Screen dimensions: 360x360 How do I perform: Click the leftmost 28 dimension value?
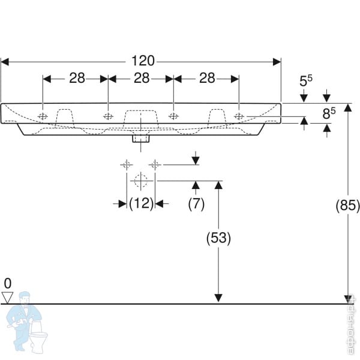76,78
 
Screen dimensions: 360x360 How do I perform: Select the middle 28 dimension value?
141,78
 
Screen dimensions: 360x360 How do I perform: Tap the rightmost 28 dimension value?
206,78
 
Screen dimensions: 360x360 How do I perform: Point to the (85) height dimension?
347,206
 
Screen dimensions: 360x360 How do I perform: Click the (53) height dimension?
218,238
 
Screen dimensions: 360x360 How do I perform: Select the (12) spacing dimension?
141,204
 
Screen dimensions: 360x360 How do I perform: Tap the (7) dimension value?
196,204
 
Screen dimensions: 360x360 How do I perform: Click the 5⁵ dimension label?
305,80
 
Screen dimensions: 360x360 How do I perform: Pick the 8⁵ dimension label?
328,112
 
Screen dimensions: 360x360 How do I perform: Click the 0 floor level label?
7,283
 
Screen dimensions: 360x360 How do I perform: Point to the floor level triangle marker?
8,296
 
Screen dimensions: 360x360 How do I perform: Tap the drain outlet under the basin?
140,138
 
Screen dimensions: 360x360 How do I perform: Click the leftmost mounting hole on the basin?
43,116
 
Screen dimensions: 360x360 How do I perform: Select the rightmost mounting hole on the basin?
239,116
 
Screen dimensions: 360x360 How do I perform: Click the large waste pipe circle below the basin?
140,181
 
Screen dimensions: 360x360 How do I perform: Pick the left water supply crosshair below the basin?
127,164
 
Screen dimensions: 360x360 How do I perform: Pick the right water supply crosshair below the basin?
155,164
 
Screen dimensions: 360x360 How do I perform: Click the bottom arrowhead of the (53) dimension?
218,298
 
